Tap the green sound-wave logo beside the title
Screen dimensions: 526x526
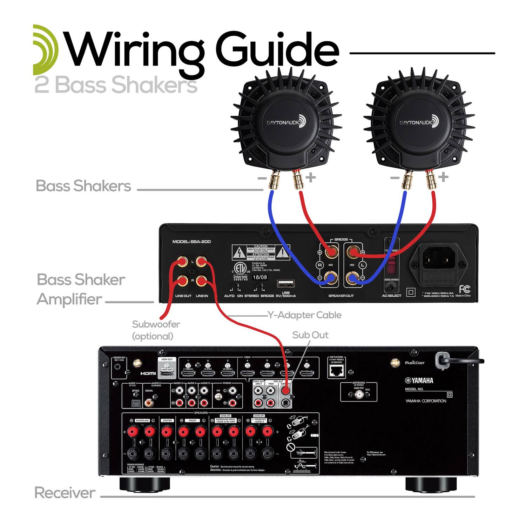45,50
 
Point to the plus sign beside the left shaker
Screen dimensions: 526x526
310,177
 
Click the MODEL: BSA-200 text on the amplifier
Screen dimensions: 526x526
191,242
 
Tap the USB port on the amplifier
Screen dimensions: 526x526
285,284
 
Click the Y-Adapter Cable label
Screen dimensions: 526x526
304,315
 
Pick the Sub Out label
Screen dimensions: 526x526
310,335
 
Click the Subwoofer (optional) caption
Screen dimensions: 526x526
156,330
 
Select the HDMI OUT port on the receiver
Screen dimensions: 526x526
167,374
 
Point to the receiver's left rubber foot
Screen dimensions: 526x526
144,484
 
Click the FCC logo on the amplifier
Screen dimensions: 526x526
465,289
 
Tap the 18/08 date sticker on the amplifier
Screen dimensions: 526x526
260,277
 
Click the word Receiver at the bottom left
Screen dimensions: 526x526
65,493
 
